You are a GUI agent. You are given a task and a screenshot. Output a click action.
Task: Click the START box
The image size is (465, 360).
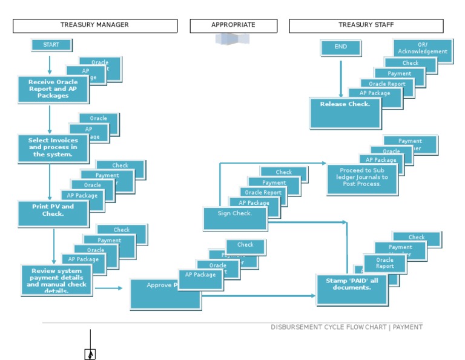pyautogui.click(x=51, y=45)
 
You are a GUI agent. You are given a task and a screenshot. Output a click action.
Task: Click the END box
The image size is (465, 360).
pyautogui.click(x=341, y=47)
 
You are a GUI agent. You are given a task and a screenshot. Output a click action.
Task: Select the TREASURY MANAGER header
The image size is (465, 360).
pyautogui.click(x=94, y=25)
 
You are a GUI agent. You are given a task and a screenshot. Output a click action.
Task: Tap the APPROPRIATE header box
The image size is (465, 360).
pyautogui.click(x=233, y=25)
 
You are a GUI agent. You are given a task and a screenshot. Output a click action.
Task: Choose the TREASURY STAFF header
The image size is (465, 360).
pyautogui.click(x=366, y=25)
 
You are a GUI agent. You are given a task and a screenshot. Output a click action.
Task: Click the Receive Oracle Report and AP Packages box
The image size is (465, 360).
pyautogui.click(x=53, y=89)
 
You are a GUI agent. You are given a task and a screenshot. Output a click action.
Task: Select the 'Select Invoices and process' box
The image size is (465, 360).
pyautogui.click(x=53, y=148)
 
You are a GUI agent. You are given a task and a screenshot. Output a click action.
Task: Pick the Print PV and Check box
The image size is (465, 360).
pyautogui.click(x=53, y=213)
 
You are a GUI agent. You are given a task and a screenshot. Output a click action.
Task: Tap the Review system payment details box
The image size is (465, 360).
pyautogui.click(x=57, y=279)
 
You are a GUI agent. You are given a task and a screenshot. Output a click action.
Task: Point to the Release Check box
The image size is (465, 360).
pyautogui.click(x=345, y=112)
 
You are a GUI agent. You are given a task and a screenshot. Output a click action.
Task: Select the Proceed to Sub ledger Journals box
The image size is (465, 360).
pyautogui.click(x=362, y=179)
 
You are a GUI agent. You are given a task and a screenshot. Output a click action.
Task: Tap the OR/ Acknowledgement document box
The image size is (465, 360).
pyautogui.click(x=423, y=49)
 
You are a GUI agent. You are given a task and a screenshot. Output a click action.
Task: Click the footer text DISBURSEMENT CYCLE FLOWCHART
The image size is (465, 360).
pyautogui.click(x=346, y=327)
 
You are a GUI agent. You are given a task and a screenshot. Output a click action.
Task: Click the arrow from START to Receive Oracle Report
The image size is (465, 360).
pyautogui.click(x=50, y=64)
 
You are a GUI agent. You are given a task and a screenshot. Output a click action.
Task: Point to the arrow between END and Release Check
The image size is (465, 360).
pyautogui.click(x=341, y=76)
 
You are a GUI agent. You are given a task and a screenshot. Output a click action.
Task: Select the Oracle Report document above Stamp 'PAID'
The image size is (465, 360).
pyautogui.click(x=385, y=263)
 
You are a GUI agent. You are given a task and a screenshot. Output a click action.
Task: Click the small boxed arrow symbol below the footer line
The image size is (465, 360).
pyautogui.click(x=90, y=355)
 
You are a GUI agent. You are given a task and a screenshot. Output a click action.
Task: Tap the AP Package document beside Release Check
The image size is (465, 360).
pyautogui.click(x=375, y=93)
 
